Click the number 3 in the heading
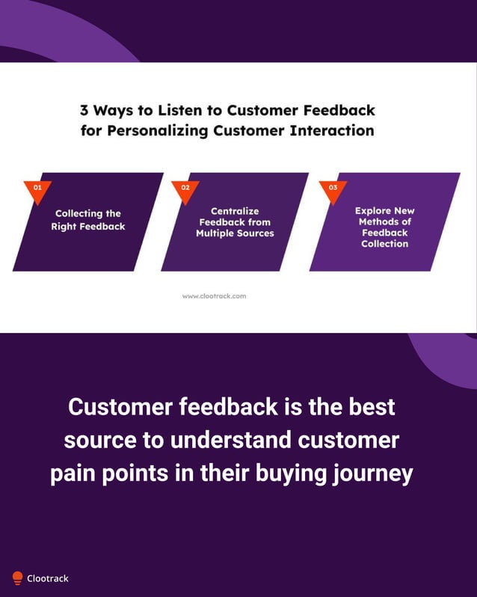[85, 111]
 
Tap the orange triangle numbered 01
[37, 189]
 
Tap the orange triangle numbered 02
[185, 189]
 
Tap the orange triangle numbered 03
[333, 189]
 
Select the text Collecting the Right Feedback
[88, 220]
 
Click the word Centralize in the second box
[235, 211]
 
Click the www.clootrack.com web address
[214, 296]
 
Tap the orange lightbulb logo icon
[17, 578]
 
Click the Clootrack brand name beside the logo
[48, 578]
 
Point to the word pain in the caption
[75, 474]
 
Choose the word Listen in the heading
[179, 111]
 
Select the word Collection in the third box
[384, 244]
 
